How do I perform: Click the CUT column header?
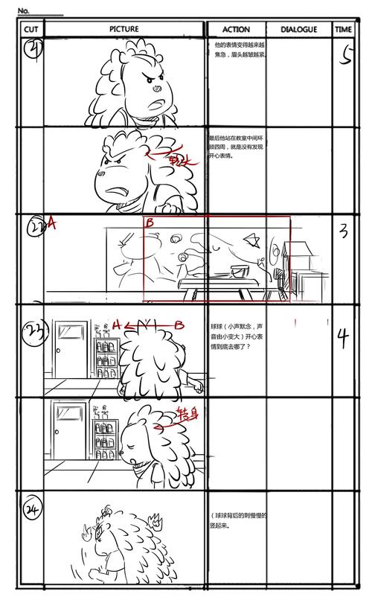31,29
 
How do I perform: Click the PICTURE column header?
124,29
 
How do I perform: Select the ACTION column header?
235,29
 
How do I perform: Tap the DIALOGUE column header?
298,29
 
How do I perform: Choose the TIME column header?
343,29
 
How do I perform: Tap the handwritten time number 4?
343,338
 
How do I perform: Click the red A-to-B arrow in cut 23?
147,325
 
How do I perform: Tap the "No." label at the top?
23,10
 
